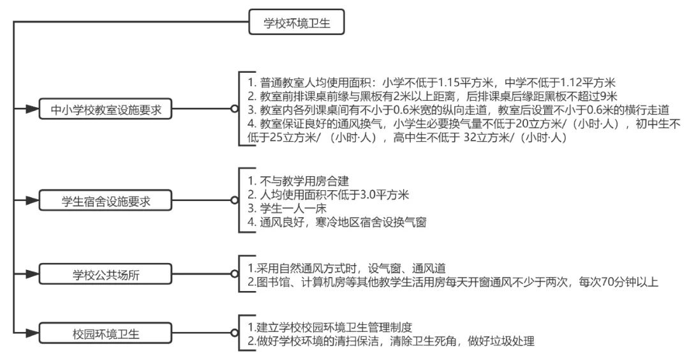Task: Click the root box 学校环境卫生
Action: (296, 22)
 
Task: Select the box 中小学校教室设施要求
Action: (105, 109)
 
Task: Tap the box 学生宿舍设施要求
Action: (105, 201)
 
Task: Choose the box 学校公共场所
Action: (105, 274)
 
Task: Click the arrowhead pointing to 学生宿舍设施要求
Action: (32, 200)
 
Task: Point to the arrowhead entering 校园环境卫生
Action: (32, 333)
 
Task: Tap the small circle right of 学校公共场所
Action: (235, 274)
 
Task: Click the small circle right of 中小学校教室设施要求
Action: (235, 109)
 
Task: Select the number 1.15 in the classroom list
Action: (449, 82)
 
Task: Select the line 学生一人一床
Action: (293, 208)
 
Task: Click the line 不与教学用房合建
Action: (304, 181)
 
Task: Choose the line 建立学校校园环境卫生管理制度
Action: (334, 327)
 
